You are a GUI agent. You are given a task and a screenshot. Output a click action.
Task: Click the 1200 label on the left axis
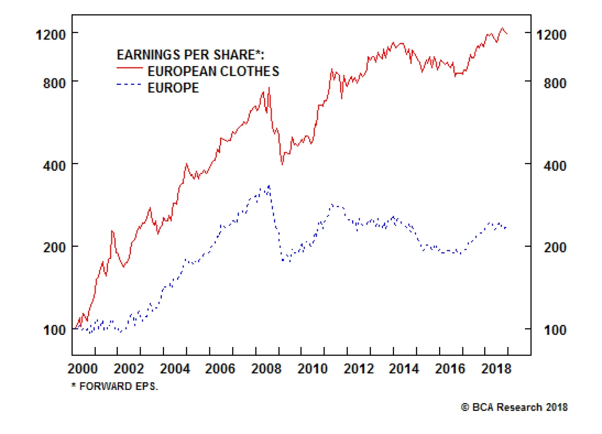(x=50, y=35)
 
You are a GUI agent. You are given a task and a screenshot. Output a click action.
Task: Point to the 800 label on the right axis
(x=555, y=83)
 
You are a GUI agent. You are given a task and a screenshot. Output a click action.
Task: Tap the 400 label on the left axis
(x=54, y=165)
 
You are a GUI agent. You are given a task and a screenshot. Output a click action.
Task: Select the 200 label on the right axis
(x=555, y=248)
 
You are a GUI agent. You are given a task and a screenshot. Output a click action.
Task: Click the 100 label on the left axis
(x=54, y=330)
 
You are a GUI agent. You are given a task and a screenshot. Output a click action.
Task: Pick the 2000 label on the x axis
(x=82, y=368)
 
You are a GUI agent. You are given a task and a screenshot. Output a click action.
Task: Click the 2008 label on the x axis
(x=266, y=368)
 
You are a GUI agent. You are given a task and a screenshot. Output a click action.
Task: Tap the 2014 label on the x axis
(x=404, y=368)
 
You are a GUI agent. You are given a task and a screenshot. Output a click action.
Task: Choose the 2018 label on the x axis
(x=496, y=368)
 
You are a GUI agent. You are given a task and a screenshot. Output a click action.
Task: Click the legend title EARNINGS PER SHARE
(x=190, y=55)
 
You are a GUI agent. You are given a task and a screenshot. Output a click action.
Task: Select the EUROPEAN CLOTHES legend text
(x=213, y=71)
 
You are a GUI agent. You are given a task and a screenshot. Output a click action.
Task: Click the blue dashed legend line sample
(x=129, y=84)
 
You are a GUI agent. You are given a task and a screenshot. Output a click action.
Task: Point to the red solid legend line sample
(x=129, y=68)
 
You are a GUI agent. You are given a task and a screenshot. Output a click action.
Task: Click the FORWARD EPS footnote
(x=115, y=386)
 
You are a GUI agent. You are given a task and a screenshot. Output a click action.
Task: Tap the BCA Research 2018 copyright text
(x=514, y=407)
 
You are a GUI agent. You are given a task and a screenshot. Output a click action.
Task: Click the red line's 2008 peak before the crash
(x=269, y=88)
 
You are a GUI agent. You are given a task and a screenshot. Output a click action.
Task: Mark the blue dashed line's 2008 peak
(x=269, y=186)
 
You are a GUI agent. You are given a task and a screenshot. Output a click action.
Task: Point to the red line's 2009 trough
(x=282, y=164)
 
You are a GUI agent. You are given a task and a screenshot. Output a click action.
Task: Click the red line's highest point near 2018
(x=502, y=28)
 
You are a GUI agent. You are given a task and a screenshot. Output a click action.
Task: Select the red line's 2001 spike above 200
(x=112, y=231)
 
